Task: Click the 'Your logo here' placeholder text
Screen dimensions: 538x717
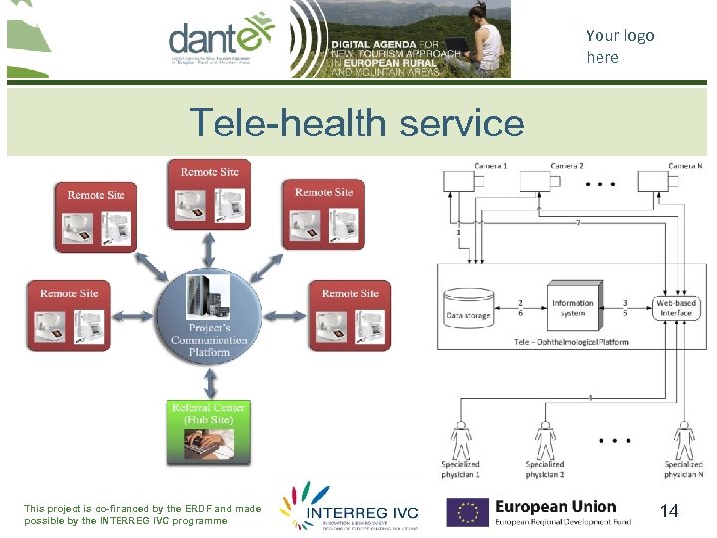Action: click(619, 46)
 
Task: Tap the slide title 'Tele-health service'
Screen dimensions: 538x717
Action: click(357, 124)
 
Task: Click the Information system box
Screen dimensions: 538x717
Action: click(572, 308)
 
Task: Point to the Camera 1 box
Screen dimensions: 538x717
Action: click(464, 180)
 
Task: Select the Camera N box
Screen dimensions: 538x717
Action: click(656, 180)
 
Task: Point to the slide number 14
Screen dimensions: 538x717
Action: click(669, 511)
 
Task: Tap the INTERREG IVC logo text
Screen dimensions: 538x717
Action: click(363, 513)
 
